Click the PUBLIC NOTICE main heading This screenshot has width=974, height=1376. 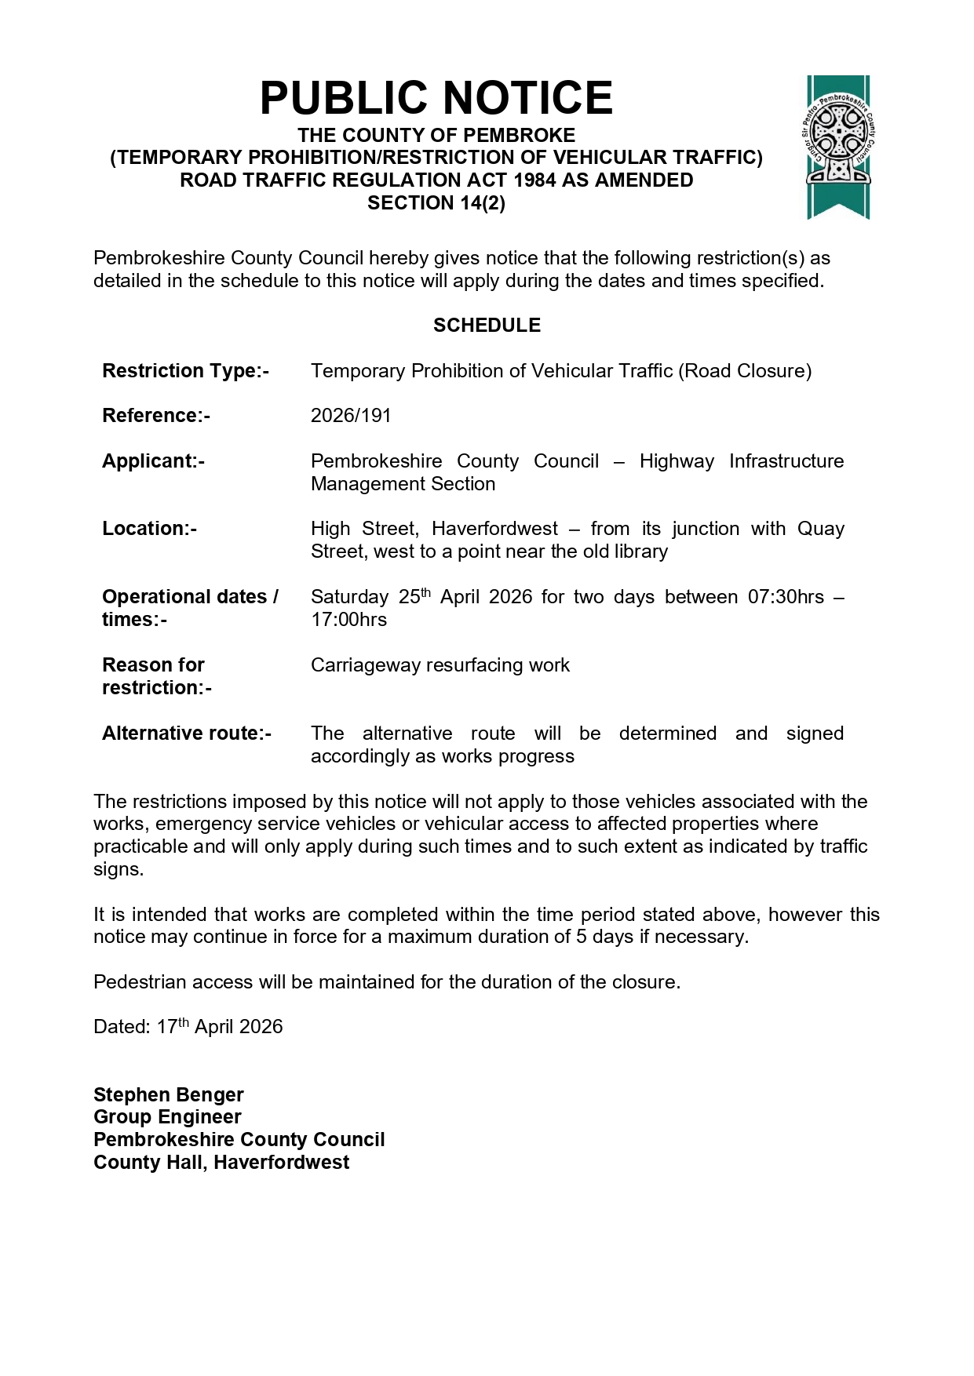tap(436, 98)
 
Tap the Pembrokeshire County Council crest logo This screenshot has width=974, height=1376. tap(838, 147)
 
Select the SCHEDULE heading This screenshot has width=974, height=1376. tap(487, 326)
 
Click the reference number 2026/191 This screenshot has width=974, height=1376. tap(351, 416)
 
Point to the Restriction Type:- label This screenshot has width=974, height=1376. tap(185, 371)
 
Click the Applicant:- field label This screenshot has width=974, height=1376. tap(153, 461)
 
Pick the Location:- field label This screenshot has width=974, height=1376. tap(149, 529)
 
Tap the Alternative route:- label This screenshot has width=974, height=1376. tap(186, 734)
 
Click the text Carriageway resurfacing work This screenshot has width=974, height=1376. tap(440, 665)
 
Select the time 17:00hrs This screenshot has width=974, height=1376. tap(348, 620)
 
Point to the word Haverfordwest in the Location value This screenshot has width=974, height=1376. tap(494, 529)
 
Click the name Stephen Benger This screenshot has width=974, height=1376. tap(168, 1095)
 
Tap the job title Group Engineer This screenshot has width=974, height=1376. tap(167, 1117)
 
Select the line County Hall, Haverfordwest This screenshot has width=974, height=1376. tap(221, 1163)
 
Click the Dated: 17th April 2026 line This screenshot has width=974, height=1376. tap(188, 1027)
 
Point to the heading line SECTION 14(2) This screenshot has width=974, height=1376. tap(436, 203)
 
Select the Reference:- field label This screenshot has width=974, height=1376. tap(155, 416)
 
